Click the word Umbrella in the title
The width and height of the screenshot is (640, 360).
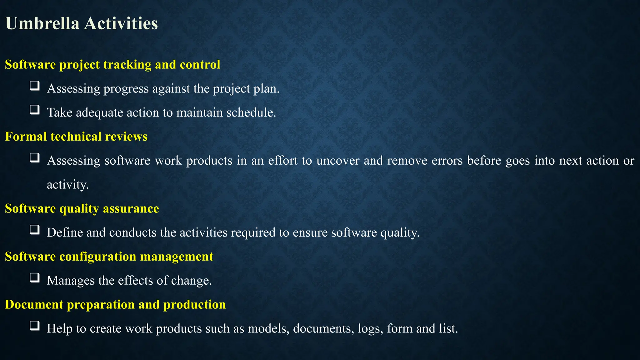click(42, 23)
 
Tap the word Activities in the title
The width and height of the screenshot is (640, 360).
click(121, 23)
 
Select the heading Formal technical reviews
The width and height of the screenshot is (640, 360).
click(76, 137)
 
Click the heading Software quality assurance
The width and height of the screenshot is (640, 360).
click(82, 208)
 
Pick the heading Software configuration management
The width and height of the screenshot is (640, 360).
click(109, 257)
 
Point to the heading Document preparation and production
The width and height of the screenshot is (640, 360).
click(115, 304)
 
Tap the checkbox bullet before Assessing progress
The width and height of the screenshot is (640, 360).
click(35, 86)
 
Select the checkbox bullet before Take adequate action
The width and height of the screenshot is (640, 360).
click(35, 110)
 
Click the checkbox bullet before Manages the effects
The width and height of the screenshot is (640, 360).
click(35, 277)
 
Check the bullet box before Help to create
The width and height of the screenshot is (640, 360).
click(35, 326)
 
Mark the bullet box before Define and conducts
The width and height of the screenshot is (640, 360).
click(35, 230)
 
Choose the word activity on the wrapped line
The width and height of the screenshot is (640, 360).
click(67, 185)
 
